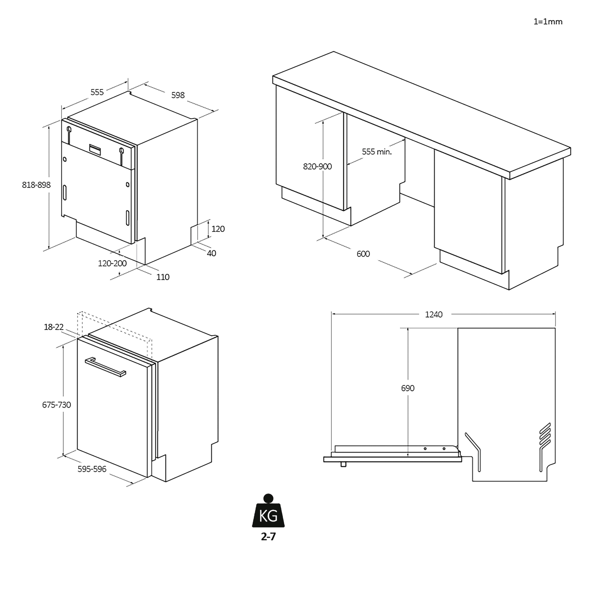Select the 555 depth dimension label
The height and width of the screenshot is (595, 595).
click(97, 92)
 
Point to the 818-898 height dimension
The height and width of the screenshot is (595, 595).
click(36, 185)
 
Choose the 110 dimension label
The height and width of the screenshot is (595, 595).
click(163, 277)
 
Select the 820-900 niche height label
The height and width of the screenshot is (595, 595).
click(317, 167)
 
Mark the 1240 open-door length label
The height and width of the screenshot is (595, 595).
click(434, 314)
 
